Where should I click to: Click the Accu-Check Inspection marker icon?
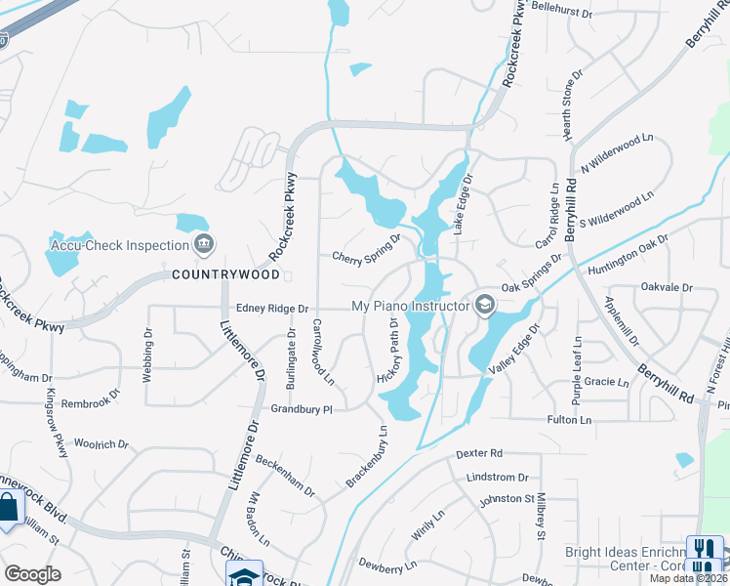point(203,244)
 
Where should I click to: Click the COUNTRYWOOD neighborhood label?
point(219,275)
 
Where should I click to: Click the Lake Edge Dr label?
point(462,202)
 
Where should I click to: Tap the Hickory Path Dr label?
point(385,349)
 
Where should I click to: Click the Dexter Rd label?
point(478,454)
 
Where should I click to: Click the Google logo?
point(32,574)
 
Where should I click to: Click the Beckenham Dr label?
point(285,473)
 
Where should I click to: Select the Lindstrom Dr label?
point(498,478)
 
